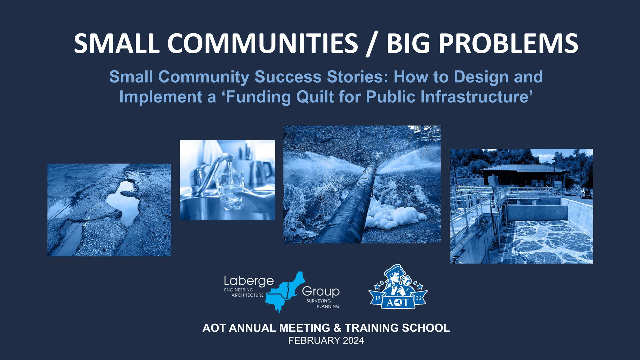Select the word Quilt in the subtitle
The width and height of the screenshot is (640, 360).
point(315,97)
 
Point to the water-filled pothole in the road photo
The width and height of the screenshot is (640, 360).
point(124,203)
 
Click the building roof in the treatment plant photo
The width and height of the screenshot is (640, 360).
point(523,168)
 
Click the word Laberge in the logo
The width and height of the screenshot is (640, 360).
point(249,281)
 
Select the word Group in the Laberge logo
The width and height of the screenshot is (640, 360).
point(321,292)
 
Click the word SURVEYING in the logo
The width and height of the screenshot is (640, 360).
point(319,301)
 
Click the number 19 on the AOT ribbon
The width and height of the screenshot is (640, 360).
point(378,298)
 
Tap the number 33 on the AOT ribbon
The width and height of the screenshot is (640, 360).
point(418,298)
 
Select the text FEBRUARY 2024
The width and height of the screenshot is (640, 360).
point(326,341)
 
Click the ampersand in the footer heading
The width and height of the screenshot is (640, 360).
point(337,328)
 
